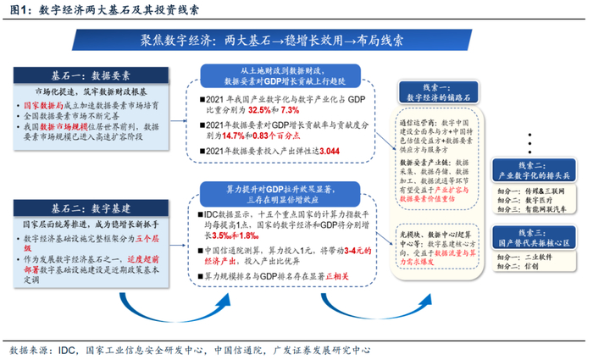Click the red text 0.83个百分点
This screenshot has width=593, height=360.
tap(282, 135)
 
